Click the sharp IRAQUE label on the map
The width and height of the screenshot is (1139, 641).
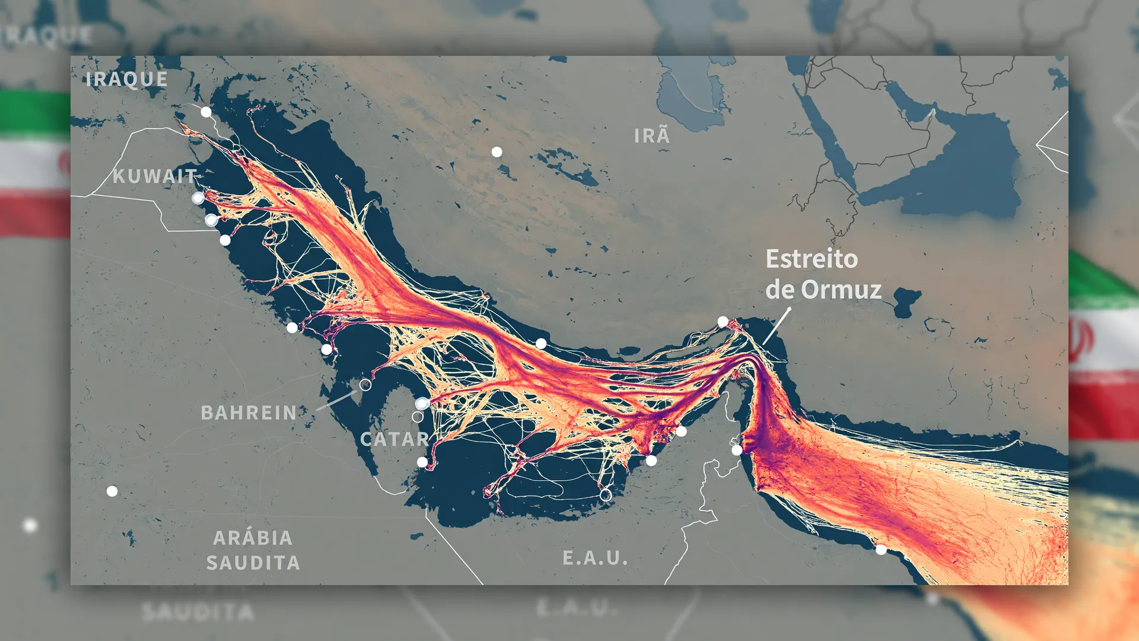[x=126, y=80]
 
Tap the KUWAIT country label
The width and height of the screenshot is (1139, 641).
[x=155, y=176]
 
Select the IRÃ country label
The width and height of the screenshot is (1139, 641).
[x=652, y=136]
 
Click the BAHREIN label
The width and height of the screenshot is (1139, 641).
[x=249, y=412]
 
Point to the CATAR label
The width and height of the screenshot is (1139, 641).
[x=394, y=439]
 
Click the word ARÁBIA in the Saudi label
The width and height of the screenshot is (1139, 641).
[x=253, y=538]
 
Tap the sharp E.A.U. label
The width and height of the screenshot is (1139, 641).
[x=595, y=558]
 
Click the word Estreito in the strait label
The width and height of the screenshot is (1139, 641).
[x=812, y=259]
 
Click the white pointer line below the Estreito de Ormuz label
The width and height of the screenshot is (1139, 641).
[x=777, y=326]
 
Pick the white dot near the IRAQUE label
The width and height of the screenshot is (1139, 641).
[x=206, y=112]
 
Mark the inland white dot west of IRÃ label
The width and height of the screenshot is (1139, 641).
[x=497, y=152]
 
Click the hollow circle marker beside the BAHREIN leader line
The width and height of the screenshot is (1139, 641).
[x=365, y=385]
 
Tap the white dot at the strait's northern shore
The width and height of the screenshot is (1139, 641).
[x=723, y=322]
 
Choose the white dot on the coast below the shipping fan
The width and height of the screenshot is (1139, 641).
[x=882, y=550]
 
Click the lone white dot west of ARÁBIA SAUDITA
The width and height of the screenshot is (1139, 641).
[x=112, y=491]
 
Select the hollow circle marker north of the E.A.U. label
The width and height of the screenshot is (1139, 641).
[x=606, y=494]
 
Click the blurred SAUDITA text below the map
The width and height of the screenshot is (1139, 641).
[x=198, y=612]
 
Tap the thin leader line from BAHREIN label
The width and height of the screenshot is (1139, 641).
[x=336, y=400]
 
